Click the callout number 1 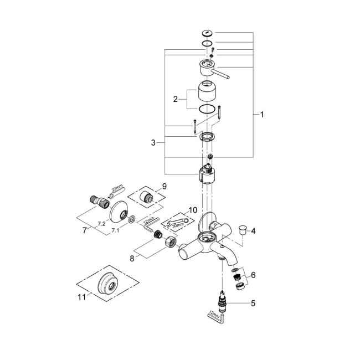click(x=263, y=115)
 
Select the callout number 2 click(x=176, y=100)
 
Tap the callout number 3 click(x=153, y=142)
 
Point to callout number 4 click(x=253, y=230)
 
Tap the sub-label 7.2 click(x=101, y=223)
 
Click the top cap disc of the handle click(x=206, y=33)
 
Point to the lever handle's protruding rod click(x=225, y=74)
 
